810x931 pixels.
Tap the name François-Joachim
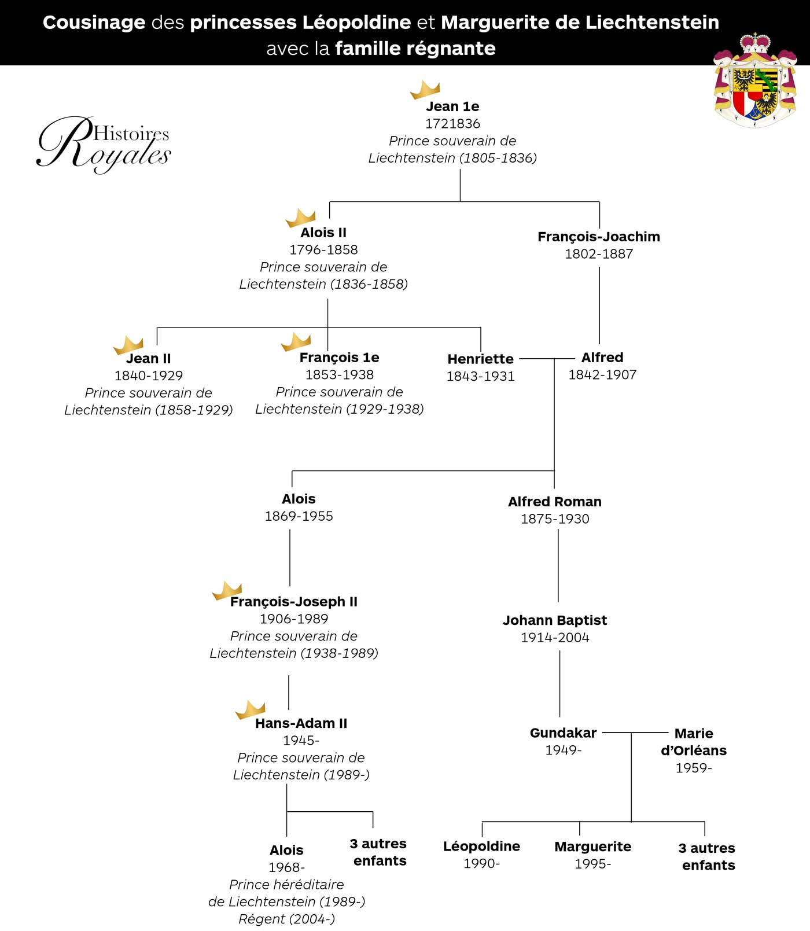coord(598,237)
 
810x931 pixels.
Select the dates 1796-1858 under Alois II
coord(323,250)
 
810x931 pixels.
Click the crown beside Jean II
coord(128,345)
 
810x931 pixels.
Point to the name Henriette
coord(480,359)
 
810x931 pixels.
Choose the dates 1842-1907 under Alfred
coord(602,375)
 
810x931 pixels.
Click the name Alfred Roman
coord(554,502)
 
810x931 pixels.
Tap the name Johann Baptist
coord(554,620)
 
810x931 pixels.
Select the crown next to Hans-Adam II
coord(251,709)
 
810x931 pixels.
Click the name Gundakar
coord(563,733)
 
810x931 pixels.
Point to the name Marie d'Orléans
coord(694,742)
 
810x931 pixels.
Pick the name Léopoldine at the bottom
coord(481,847)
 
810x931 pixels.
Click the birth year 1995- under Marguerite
coord(592,864)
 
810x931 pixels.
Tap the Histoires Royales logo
coord(104,145)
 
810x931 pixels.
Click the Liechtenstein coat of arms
coord(754,81)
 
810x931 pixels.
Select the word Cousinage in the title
coord(94,23)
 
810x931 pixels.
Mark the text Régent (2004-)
coord(286,919)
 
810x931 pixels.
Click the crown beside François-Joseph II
coord(227,591)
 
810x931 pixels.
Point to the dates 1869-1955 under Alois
coord(299,516)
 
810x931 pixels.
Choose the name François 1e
coord(339,358)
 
